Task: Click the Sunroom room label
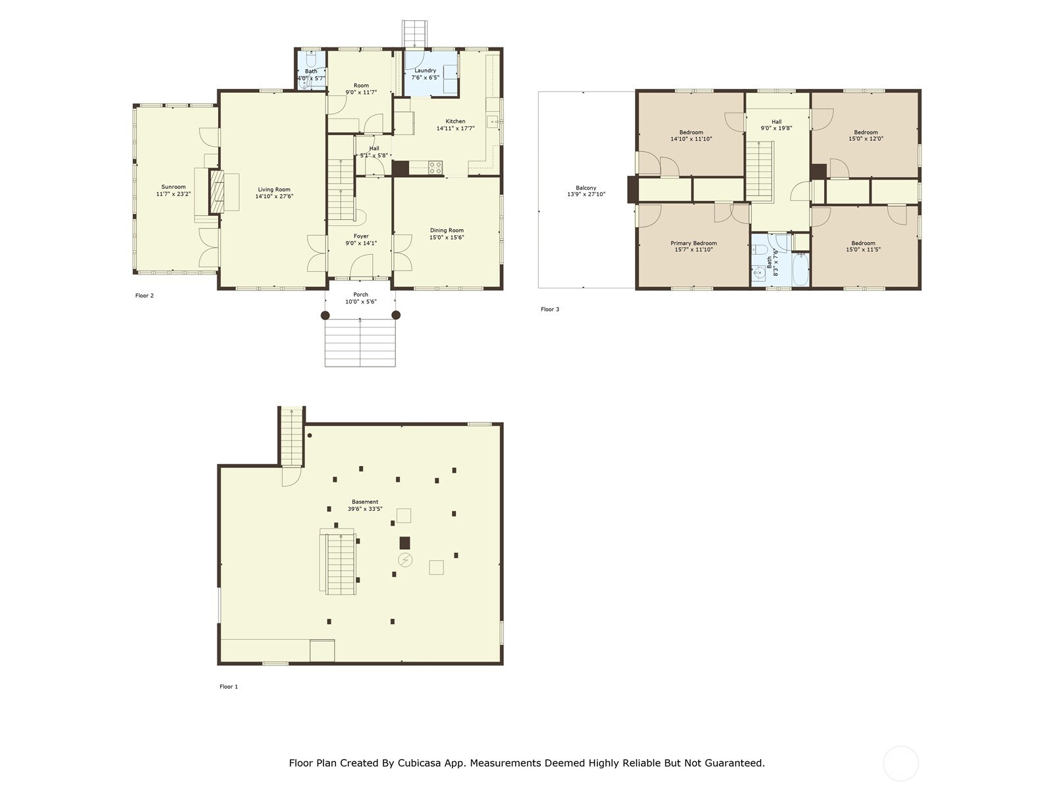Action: [173, 187]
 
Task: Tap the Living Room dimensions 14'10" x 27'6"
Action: [274, 196]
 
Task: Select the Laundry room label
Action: [425, 70]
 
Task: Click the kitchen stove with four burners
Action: [435, 168]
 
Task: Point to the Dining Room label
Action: [447, 230]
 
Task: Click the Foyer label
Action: [361, 236]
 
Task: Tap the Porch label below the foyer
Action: [360, 294]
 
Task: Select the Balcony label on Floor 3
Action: [586, 188]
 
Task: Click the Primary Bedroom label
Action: [694, 243]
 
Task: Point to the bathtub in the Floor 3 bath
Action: [800, 270]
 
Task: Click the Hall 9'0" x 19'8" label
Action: [776, 125]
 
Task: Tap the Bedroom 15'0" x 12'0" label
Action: [866, 136]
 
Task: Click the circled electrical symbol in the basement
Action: [406, 560]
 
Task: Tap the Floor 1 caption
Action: [229, 687]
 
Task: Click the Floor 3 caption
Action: [550, 309]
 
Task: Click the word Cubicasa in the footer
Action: [421, 763]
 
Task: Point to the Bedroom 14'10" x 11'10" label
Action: [691, 136]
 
